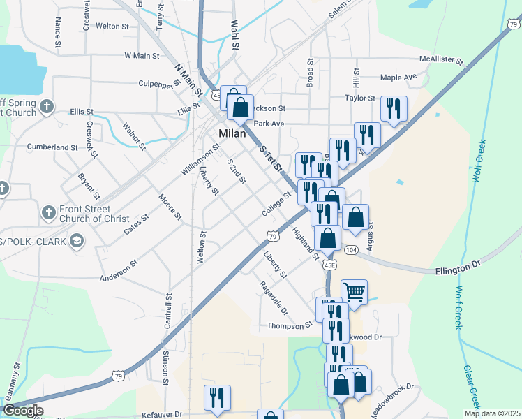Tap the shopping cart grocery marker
(354, 293)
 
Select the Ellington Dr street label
(458, 265)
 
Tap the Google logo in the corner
(22, 411)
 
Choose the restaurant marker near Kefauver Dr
(217, 397)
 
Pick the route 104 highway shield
(352, 250)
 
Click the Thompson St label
(290, 325)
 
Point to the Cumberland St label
(52, 147)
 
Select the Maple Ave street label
(398, 77)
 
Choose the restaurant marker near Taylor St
(394, 108)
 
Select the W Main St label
(142, 55)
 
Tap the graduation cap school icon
(76, 242)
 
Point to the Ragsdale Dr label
(273, 297)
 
